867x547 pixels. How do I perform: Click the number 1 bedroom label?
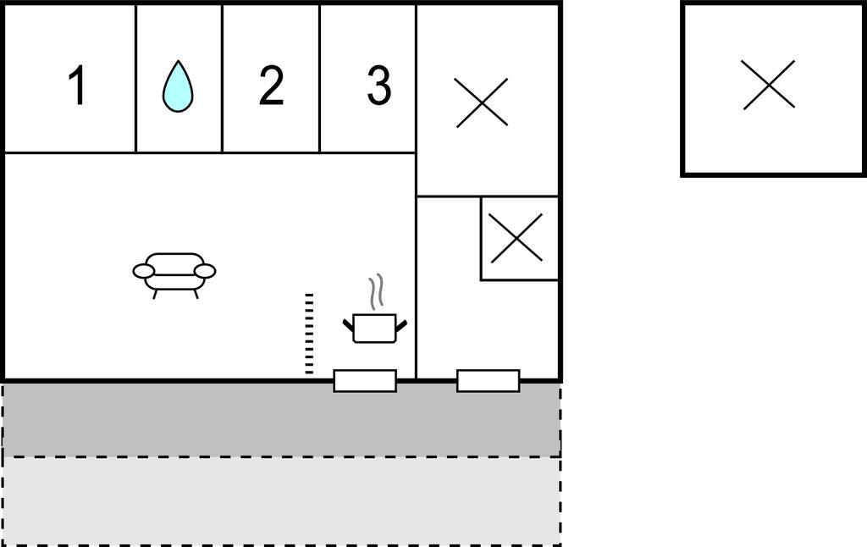point(77,85)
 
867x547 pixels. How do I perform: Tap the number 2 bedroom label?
point(271,85)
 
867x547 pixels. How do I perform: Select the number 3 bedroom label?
point(379,85)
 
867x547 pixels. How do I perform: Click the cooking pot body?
point(374,328)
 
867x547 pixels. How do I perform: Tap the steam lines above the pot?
point(376,291)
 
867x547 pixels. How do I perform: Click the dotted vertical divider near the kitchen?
point(309,334)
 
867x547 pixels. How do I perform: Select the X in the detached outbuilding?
point(769,85)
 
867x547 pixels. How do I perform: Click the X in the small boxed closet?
point(516,238)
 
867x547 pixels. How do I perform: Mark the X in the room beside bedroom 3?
point(482,102)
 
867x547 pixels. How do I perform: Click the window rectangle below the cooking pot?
point(365,380)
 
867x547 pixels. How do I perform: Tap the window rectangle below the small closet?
point(489,380)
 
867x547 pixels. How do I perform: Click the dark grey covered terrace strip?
point(281,420)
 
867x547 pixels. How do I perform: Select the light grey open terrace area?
point(281,501)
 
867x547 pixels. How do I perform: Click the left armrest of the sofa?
point(144,271)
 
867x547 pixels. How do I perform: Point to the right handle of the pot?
point(400,326)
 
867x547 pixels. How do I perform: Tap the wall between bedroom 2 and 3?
point(319,79)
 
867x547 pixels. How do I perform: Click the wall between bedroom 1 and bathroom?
point(136,79)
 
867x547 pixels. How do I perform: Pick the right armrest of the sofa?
point(205,271)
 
